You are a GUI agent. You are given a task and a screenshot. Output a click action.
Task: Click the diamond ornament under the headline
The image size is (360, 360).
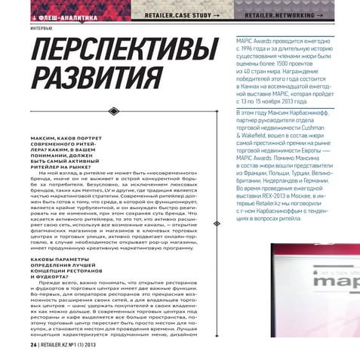pyautogui.click(x=114, y=111)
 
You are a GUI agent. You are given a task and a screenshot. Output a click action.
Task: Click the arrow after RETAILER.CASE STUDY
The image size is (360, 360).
pyautogui.click(x=216, y=15)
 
